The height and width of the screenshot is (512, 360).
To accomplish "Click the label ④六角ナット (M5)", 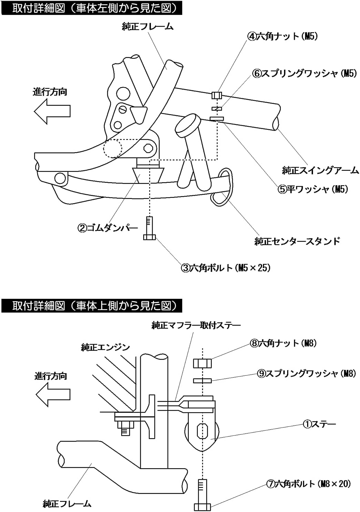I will point(282,36).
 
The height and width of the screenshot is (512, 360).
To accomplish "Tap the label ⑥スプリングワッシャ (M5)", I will point(304,73).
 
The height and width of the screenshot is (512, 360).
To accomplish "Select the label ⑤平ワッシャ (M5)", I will point(313,189).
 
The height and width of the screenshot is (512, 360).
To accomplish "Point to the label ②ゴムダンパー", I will point(107,228).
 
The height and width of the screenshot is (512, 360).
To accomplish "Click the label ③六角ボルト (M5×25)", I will point(226,267).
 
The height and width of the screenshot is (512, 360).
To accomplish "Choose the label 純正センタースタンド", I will point(297,241).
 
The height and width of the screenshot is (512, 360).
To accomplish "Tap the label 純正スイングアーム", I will point(320,170).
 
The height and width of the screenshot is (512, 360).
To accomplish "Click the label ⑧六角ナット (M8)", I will point(283,343).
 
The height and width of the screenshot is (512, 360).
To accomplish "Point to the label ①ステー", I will point(319,424).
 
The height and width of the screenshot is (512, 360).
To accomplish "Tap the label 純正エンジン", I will point(105,347).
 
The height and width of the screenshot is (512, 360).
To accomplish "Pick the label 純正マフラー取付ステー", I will point(196,325).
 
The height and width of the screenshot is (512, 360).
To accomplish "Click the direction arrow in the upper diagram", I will point(52,111).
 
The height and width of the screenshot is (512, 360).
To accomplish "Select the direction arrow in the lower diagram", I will point(53,394).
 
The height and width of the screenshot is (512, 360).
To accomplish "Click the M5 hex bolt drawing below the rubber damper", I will point(149,228).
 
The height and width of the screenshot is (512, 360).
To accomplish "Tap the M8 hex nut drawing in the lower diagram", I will point(202,363).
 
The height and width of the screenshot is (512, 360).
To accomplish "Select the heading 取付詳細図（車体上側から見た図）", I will point(91,306).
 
